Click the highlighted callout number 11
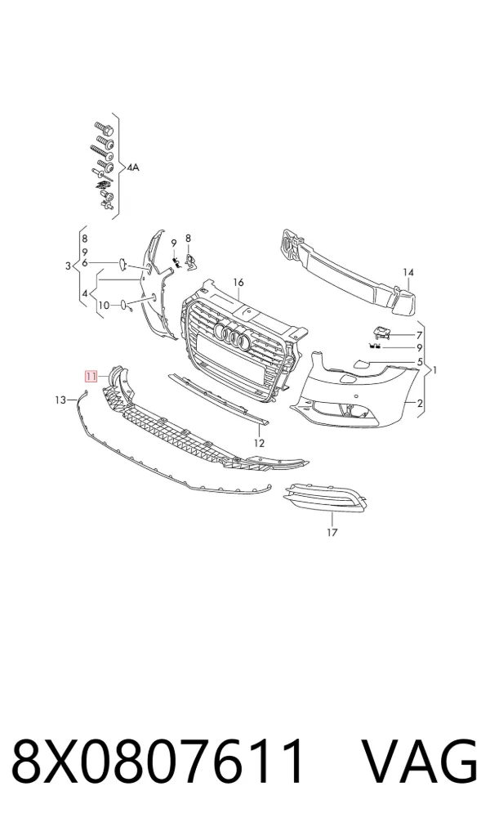[91, 377]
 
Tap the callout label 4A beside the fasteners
[132, 168]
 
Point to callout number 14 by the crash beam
[408, 272]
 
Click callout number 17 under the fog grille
[332, 532]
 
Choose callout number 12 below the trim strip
[259, 443]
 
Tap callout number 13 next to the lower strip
[60, 400]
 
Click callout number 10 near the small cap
[103, 306]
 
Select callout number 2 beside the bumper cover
[420, 404]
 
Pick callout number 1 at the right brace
[435, 370]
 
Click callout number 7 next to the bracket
[420, 335]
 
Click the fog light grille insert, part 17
[324, 498]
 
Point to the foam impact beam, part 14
[348, 273]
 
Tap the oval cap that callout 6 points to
[122, 262]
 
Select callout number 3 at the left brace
[68, 266]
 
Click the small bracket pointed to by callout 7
[382, 332]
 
